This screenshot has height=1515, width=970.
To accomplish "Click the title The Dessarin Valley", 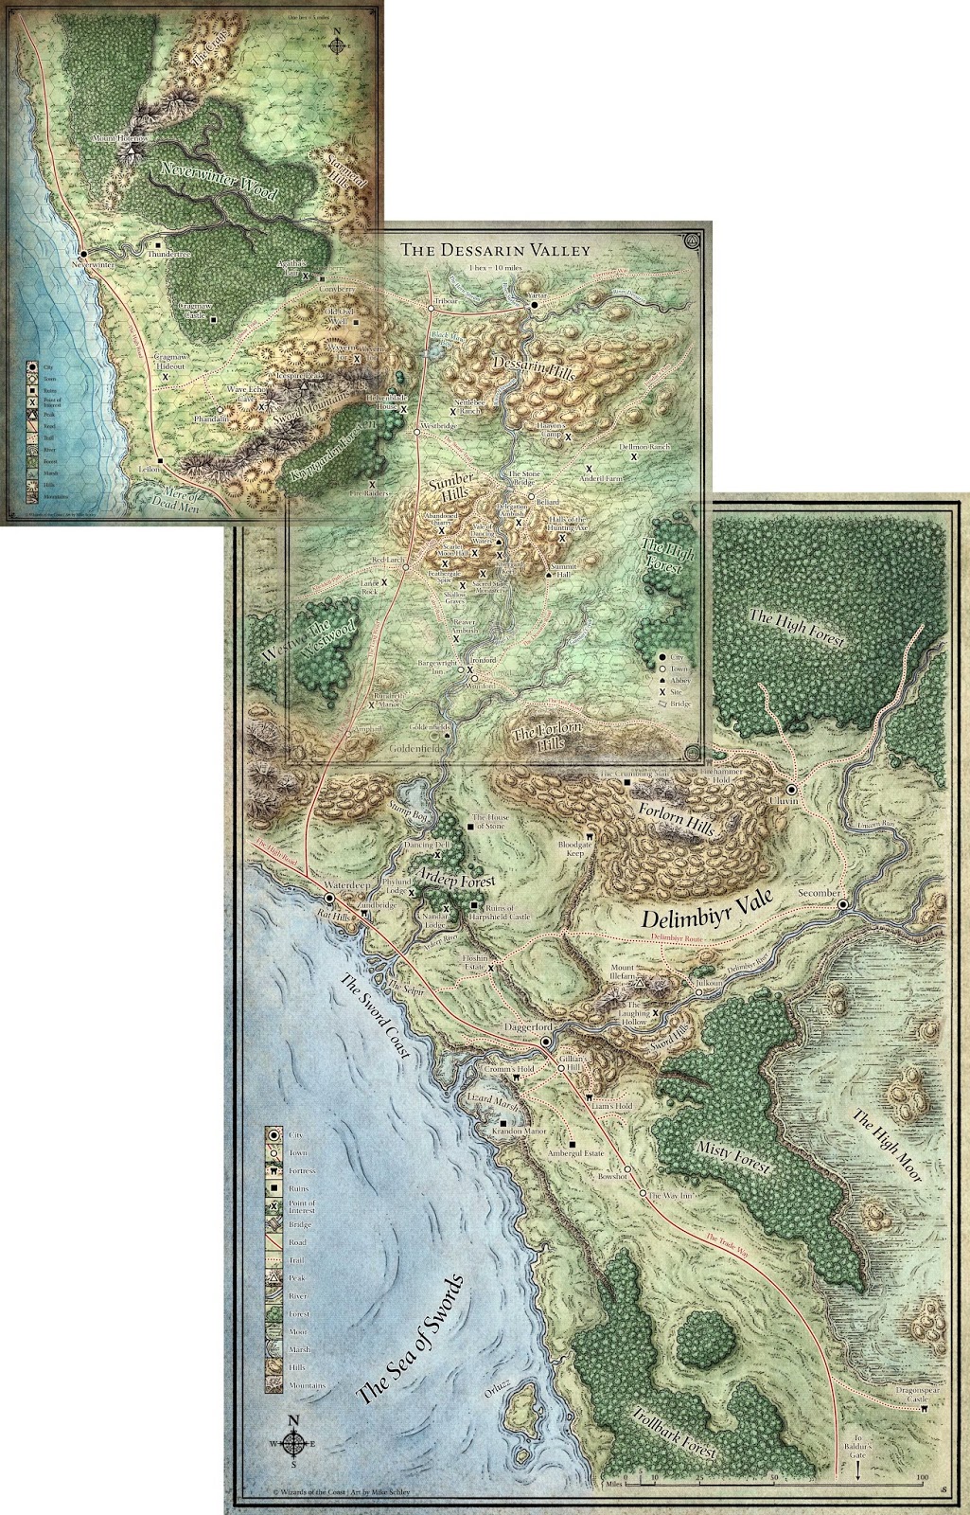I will click(x=494, y=250).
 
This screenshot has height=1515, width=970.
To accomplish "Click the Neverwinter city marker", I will click(x=83, y=254).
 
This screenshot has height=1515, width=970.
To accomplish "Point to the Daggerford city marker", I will click(x=546, y=1042).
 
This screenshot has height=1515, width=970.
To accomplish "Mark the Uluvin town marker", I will click(x=789, y=789).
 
